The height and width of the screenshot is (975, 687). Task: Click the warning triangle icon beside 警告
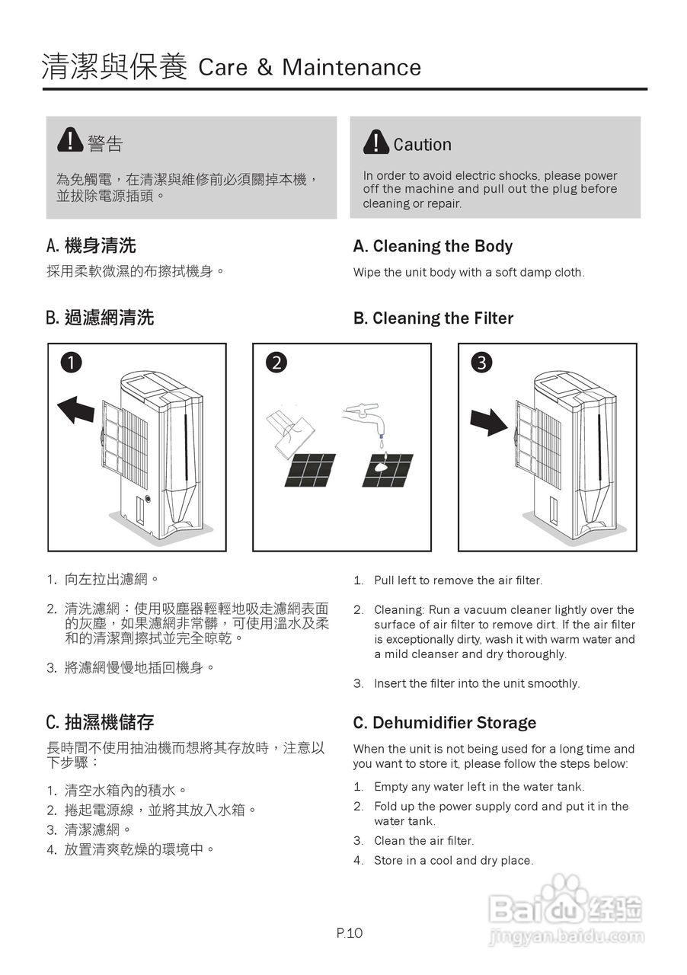coord(70,140)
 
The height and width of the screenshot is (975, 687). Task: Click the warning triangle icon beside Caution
coord(376,142)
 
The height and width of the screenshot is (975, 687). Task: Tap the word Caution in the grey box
coord(422,145)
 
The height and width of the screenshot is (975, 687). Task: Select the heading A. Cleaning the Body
coord(433,246)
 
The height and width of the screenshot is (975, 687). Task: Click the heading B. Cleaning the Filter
coord(433,318)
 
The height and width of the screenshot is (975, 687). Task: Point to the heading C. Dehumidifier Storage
coord(444,723)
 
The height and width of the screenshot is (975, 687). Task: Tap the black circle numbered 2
coord(276,363)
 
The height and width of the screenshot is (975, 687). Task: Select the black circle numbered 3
coord(481,363)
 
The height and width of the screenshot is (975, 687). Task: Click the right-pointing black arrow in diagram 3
coord(488,421)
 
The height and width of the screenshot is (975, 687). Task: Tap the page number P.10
coord(350,933)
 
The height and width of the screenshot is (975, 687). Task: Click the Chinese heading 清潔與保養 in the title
coord(114,67)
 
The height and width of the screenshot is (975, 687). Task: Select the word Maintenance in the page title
coord(351,68)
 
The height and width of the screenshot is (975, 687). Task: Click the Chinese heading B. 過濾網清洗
coord(100,318)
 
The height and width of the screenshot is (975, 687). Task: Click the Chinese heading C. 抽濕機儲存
coord(100,721)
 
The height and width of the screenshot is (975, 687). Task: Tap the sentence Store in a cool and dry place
coord(453,861)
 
